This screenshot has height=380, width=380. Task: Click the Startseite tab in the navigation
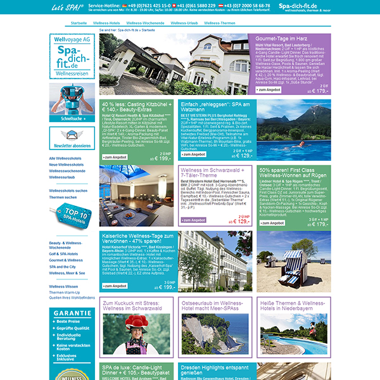(79, 22)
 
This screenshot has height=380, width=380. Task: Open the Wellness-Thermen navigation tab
(220, 22)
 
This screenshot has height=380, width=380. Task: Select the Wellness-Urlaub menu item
(183, 22)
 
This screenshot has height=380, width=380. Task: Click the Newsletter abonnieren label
(72, 144)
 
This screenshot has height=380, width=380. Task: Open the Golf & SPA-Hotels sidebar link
(65, 253)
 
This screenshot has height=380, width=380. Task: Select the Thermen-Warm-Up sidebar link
(65, 292)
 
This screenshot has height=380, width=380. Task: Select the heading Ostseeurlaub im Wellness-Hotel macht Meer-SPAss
(210, 306)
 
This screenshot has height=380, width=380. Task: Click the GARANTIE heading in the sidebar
(72, 313)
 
